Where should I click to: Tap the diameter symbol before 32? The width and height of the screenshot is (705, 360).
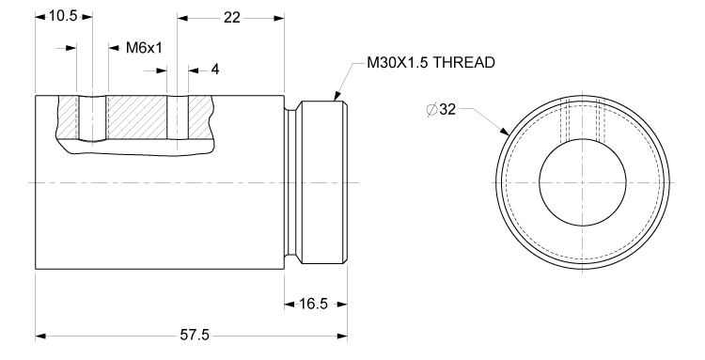[431, 110]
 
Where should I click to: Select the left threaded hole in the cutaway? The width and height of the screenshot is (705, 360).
[93, 117]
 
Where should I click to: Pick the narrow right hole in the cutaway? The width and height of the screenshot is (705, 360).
[178, 118]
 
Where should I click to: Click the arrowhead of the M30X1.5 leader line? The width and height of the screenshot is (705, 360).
[337, 98]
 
